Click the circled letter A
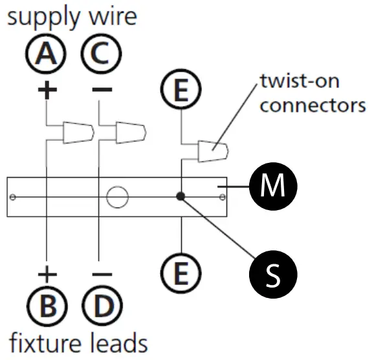pyautogui.click(x=46, y=55)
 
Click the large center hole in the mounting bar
pyautogui.click(x=117, y=196)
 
